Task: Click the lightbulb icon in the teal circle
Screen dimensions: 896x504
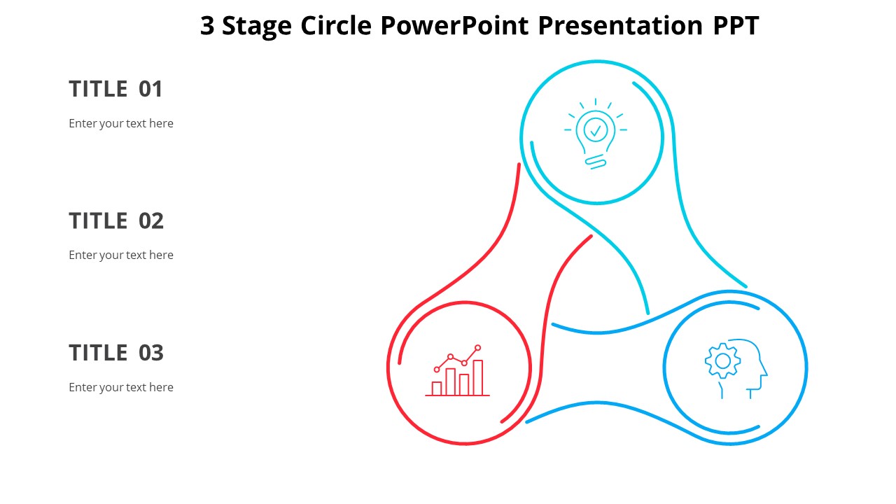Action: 596,134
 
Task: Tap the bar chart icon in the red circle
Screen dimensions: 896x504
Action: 457,370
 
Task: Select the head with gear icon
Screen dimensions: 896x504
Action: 736,369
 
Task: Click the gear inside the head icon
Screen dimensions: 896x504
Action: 722,360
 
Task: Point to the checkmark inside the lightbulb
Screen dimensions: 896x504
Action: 596,130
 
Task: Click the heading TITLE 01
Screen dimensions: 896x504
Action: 115,89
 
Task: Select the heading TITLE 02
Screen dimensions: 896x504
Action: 116,220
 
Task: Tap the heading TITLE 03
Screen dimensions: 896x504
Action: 116,353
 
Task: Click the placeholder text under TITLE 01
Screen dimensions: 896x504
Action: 121,124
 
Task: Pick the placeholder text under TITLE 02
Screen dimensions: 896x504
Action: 121,255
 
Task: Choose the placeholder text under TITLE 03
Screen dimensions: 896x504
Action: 121,388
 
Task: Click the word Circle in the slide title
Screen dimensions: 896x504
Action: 336,26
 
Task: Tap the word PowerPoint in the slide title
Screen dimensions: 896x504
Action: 454,26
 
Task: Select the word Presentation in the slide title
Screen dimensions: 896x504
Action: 620,27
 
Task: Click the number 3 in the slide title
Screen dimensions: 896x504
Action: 207,26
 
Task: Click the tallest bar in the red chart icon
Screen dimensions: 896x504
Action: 477,377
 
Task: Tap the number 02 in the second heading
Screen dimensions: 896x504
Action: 150,220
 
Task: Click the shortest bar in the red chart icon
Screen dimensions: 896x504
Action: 436,388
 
